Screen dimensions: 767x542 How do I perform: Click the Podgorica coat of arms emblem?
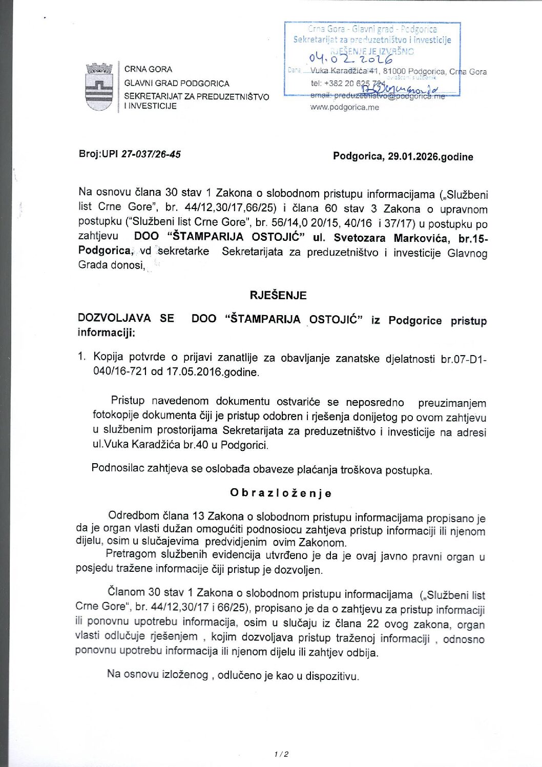(x=99, y=87)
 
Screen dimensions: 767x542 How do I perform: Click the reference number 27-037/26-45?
(x=151, y=154)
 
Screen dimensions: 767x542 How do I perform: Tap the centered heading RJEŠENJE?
(x=278, y=295)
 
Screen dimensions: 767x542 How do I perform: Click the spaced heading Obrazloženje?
(x=281, y=493)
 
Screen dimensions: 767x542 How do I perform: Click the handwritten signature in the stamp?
(x=400, y=91)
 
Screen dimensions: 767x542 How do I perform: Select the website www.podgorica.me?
(x=344, y=107)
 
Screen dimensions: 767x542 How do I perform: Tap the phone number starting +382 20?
(x=347, y=83)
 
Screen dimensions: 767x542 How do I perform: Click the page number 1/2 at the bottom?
(x=281, y=754)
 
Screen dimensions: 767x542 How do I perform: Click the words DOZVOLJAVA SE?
(x=126, y=318)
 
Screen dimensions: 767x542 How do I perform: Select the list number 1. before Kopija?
(x=82, y=357)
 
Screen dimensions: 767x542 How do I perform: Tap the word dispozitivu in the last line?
(x=331, y=676)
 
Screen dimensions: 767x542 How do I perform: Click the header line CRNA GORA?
(x=148, y=69)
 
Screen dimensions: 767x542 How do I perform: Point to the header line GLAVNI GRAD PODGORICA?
(x=177, y=83)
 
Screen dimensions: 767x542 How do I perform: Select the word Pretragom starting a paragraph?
(x=131, y=554)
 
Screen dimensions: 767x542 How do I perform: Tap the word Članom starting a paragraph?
(x=126, y=592)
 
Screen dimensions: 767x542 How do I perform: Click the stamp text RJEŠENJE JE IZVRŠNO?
(x=372, y=51)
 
